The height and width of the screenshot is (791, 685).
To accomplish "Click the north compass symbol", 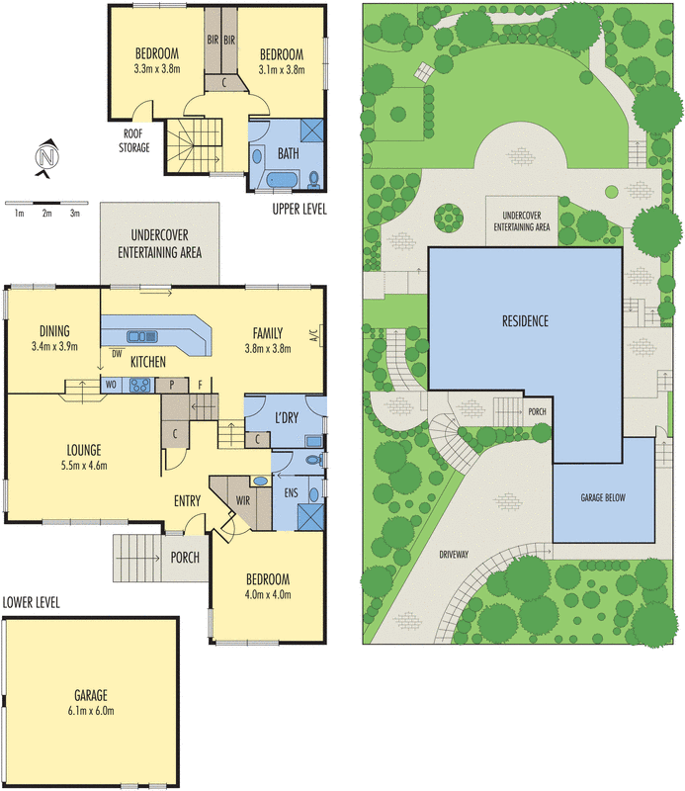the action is point(46,158).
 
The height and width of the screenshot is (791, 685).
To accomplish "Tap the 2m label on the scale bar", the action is point(46,214).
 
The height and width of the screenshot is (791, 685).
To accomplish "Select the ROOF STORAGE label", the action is point(134,140).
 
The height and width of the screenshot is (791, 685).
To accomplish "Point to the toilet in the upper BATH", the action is point(313,179).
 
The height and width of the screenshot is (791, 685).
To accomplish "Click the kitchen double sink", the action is point(142,336).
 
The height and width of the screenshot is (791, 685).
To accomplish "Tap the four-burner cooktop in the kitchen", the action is point(140,386).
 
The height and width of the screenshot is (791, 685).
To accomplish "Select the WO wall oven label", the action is point(111,385).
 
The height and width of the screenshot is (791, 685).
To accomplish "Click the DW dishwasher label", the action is point(117,354).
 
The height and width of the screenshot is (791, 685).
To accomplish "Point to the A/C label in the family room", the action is point(312,335).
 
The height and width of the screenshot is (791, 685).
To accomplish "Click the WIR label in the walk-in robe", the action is point(243,500).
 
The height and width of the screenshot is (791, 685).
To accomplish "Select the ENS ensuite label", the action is point(291,492).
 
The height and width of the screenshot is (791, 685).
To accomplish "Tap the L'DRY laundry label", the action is point(287,417).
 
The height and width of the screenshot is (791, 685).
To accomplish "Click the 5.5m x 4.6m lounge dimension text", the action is point(84,466).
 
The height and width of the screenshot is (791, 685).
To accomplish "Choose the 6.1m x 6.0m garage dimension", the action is point(91,711).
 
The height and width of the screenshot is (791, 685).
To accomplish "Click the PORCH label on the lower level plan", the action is point(185,558).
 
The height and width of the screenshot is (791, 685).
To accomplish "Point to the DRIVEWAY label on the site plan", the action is point(454,555).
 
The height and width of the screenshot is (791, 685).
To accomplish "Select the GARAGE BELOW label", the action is point(603,498).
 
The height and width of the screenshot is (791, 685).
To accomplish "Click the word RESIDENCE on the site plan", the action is point(525,320).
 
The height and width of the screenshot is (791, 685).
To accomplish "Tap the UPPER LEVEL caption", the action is point(300,209).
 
